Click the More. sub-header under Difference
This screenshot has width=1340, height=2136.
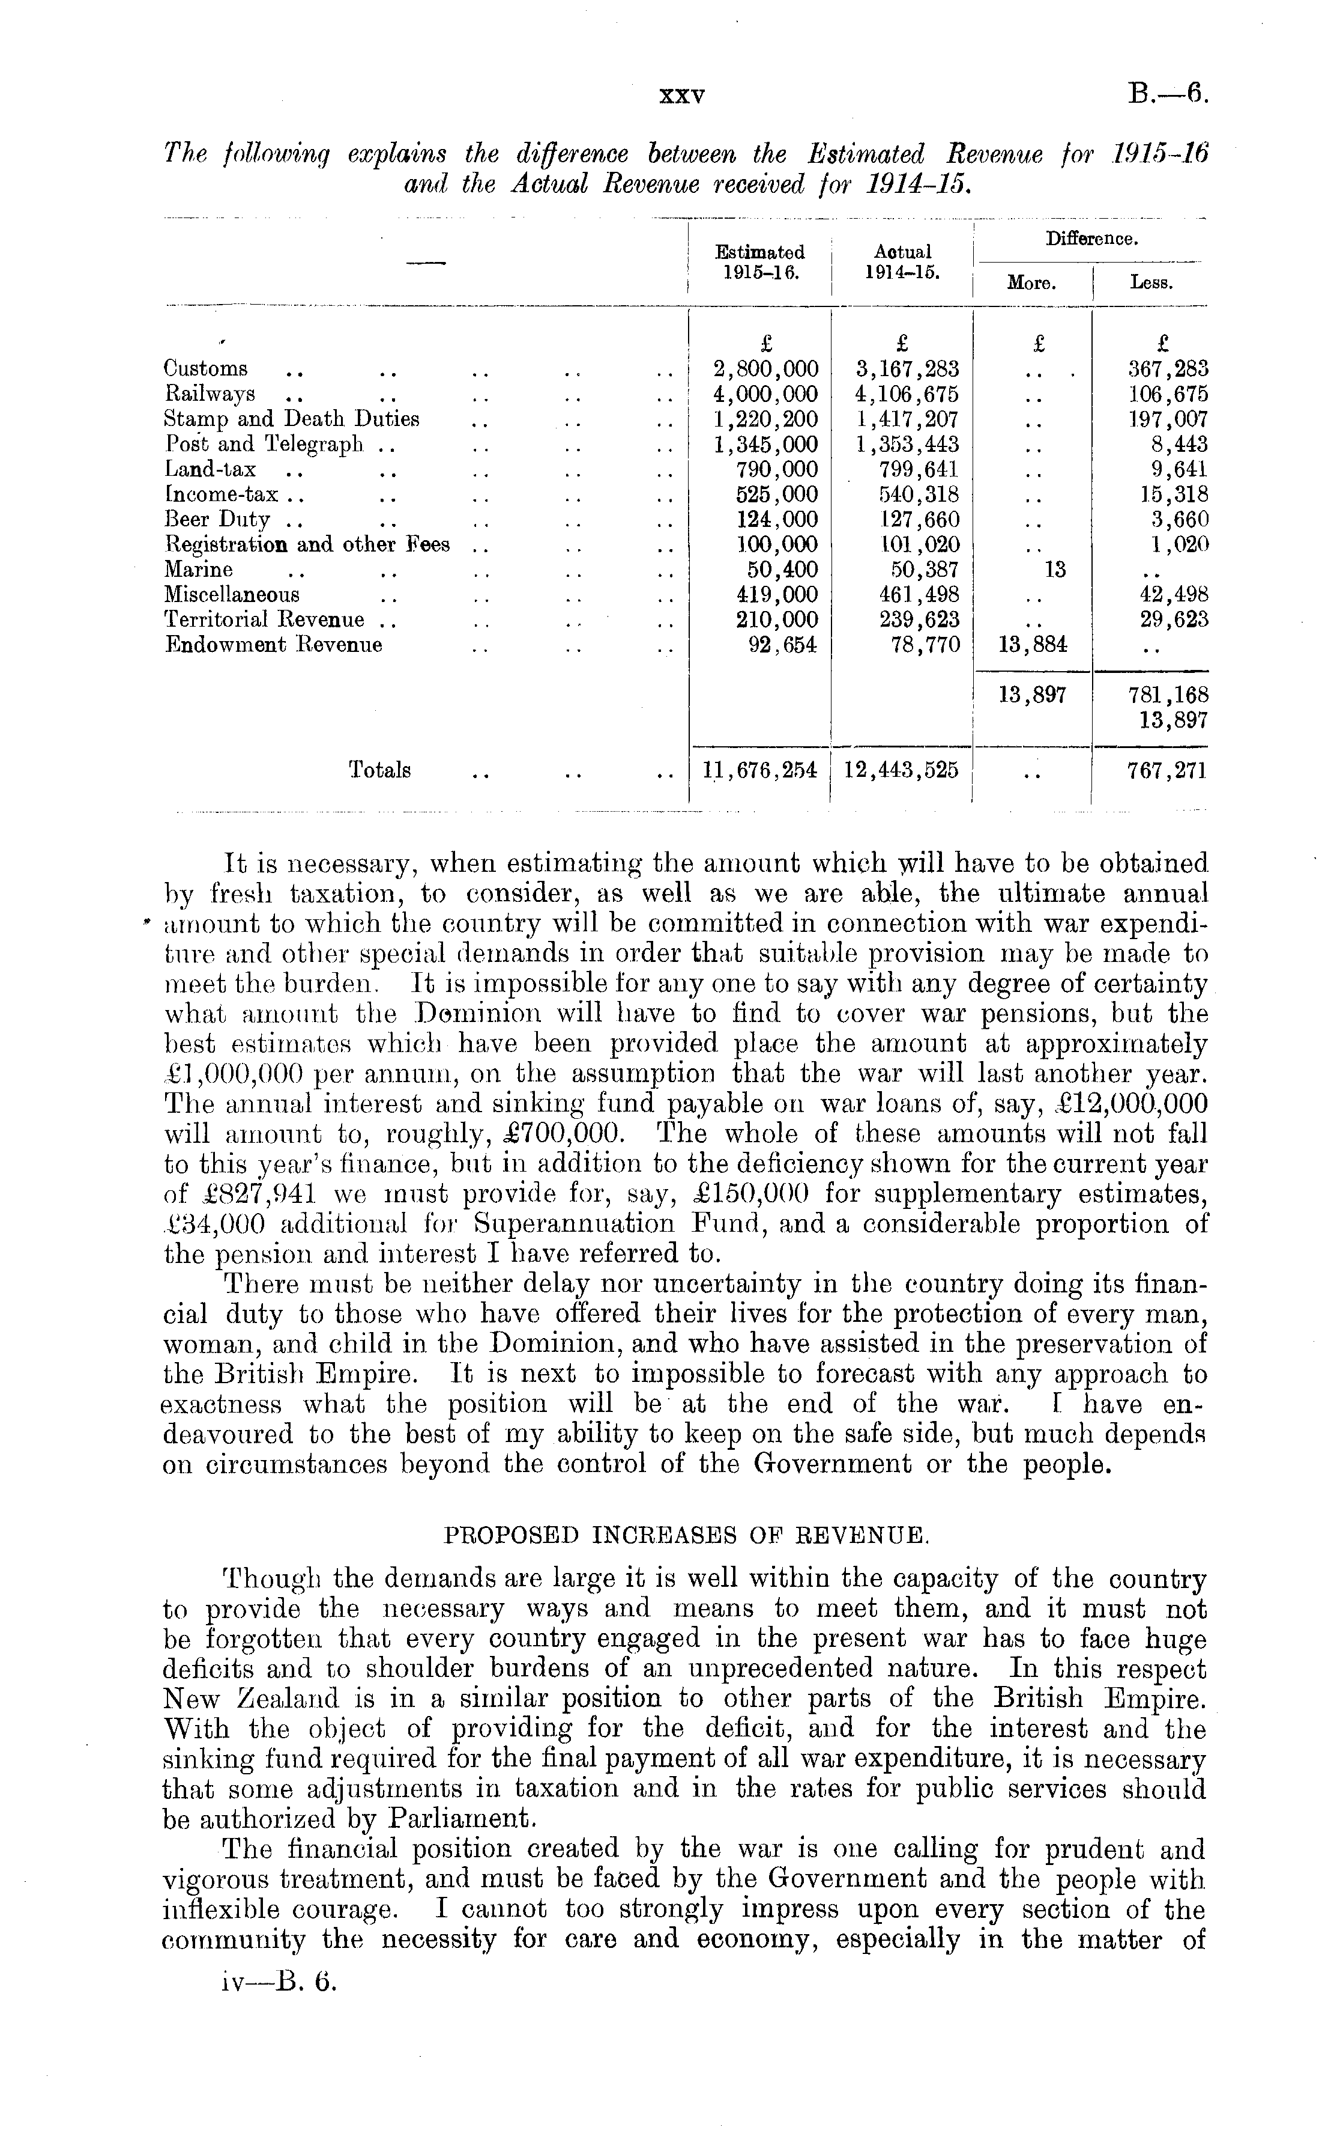click(1033, 284)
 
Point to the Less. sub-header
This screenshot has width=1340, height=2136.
click(1151, 284)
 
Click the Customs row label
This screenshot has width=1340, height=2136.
click(205, 369)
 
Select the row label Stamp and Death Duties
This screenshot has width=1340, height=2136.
click(292, 419)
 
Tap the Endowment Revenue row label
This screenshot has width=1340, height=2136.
click(274, 645)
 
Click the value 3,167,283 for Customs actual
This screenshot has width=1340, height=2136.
click(902, 369)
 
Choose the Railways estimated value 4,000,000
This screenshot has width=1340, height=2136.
click(765, 394)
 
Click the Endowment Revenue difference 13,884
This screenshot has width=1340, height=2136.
click(1033, 645)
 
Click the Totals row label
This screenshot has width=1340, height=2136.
click(379, 770)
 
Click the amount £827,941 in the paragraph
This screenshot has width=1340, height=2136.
click(229, 1194)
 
